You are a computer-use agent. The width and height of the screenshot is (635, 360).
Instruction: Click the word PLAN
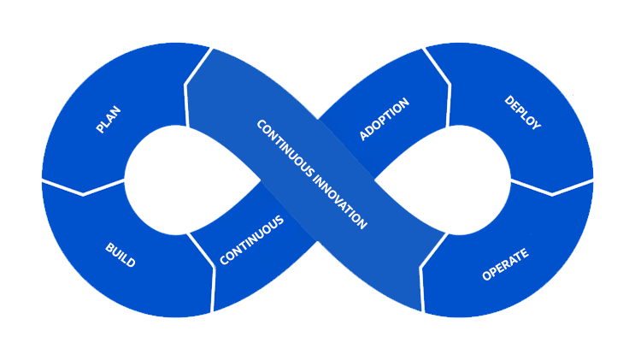pyautogui.click(x=109, y=119)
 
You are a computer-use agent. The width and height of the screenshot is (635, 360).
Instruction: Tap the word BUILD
pyautogui.click(x=120, y=255)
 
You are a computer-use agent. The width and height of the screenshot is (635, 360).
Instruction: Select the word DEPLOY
pyautogui.click(x=522, y=113)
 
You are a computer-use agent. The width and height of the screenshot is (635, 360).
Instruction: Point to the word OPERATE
pyautogui.click(x=506, y=264)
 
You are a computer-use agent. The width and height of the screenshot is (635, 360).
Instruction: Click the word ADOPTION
pyautogui.click(x=385, y=119)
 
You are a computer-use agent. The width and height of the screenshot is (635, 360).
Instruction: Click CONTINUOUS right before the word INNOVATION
pyautogui.click(x=283, y=145)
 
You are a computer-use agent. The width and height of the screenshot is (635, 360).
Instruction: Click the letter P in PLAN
pyautogui.click(x=99, y=129)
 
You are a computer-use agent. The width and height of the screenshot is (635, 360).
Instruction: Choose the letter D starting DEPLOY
pyautogui.click(x=509, y=99)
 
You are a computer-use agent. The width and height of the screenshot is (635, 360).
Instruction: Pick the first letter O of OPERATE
pyautogui.click(x=486, y=275)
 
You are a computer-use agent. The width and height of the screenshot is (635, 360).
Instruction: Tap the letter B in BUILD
pyautogui.click(x=109, y=246)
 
